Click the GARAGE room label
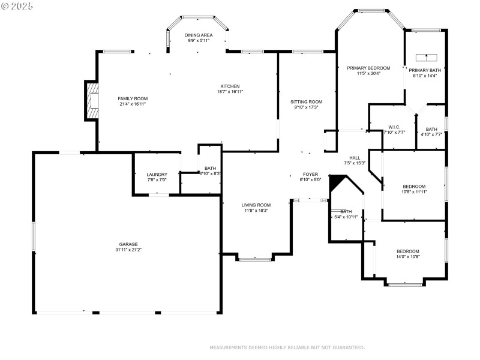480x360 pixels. tap(128, 244)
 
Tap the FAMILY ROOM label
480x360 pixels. tap(132, 98)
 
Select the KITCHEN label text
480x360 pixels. tap(230, 86)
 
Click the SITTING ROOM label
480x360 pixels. tap(306, 101)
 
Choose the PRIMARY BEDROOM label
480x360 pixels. tap(369, 68)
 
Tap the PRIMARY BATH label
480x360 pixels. tap(426, 70)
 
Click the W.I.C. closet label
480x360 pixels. tap(394, 127)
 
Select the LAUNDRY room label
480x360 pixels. tap(157, 175)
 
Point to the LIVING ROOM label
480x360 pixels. tap(256, 205)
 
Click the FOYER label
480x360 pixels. tap(311, 174)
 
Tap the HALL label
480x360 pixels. tap(355, 158)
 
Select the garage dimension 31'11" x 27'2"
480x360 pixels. tap(128, 250)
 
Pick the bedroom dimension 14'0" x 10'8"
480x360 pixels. tap(407, 256)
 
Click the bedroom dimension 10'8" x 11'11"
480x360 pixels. tap(414, 191)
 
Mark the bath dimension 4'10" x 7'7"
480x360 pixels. tap(431, 134)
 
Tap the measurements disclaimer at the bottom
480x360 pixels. tap(287, 347)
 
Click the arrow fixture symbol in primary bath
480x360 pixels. tap(427, 58)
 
